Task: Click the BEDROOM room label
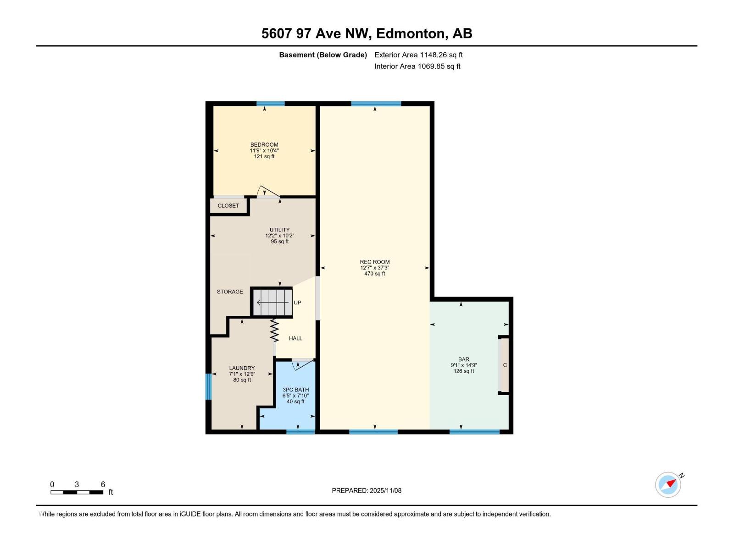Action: (x=264, y=145)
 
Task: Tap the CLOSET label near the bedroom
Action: (x=228, y=206)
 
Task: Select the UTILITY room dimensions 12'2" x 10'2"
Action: (x=279, y=236)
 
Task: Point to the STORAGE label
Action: (x=230, y=292)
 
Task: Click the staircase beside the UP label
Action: (x=272, y=302)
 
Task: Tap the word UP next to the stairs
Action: (x=297, y=303)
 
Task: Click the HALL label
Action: (x=295, y=339)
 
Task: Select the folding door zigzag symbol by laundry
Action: (x=274, y=330)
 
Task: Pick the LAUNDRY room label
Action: (x=242, y=368)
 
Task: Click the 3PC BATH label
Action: (x=295, y=390)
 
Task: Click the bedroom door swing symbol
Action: (x=267, y=192)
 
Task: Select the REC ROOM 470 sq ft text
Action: (x=375, y=274)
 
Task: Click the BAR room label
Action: (x=463, y=360)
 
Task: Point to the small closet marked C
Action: (x=505, y=365)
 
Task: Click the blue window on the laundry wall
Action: (x=208, y=386)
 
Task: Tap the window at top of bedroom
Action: (x=270, y=104)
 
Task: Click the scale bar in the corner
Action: (x=77, y=492)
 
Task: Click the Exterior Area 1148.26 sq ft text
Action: (x=418, y=55)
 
